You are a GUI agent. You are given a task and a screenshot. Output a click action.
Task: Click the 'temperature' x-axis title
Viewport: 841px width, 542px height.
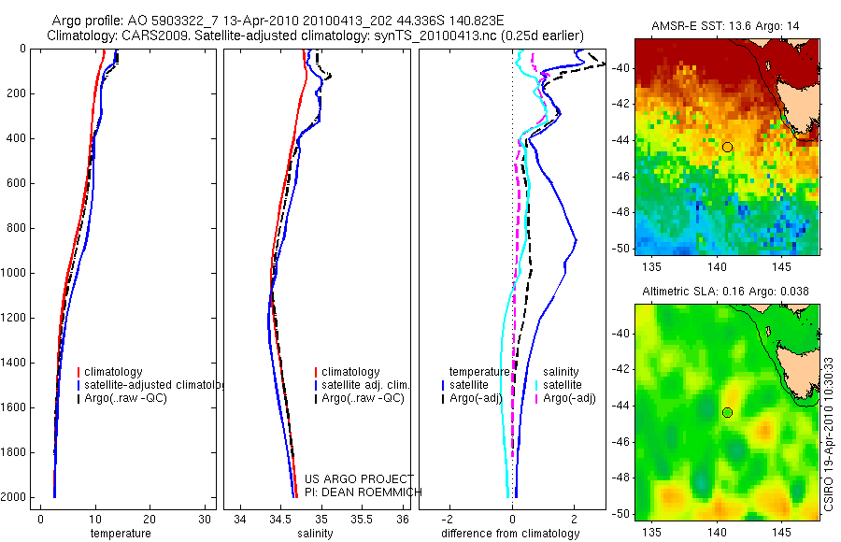pyautogui.click(x=120, y=534)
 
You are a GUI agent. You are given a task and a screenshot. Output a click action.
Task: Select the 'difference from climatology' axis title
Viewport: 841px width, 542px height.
pyautogui.click(x=511, y=534)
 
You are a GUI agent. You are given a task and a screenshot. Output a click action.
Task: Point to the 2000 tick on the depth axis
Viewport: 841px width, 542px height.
pyautogui.click(x=15, y=497)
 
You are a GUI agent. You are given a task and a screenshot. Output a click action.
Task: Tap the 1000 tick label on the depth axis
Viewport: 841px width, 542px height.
pyautogui.click(x=15, y=273)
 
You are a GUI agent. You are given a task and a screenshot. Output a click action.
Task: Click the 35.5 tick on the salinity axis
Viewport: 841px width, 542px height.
pyautogui.click(x=363, y=520)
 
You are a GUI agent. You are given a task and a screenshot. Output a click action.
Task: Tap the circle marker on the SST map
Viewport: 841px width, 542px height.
pyautogui.click(x=727, y=147)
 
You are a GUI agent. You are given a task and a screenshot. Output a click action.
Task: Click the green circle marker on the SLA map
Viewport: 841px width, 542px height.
pyautogui.click(x=727, y=412)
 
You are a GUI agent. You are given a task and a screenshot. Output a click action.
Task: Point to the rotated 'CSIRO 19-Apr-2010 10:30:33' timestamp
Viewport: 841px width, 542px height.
pyautogui.click(x=830, y=433)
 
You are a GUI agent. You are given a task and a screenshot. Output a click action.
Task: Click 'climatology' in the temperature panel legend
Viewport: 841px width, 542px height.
pyautogui.click(x=118, y=372)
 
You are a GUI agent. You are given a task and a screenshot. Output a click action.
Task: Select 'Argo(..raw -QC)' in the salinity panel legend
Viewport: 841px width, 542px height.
pyautogui.click(x=363, y=398)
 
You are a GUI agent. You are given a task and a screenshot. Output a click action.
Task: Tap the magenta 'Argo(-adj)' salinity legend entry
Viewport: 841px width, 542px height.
pyautogui.click(x=569, y=398)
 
